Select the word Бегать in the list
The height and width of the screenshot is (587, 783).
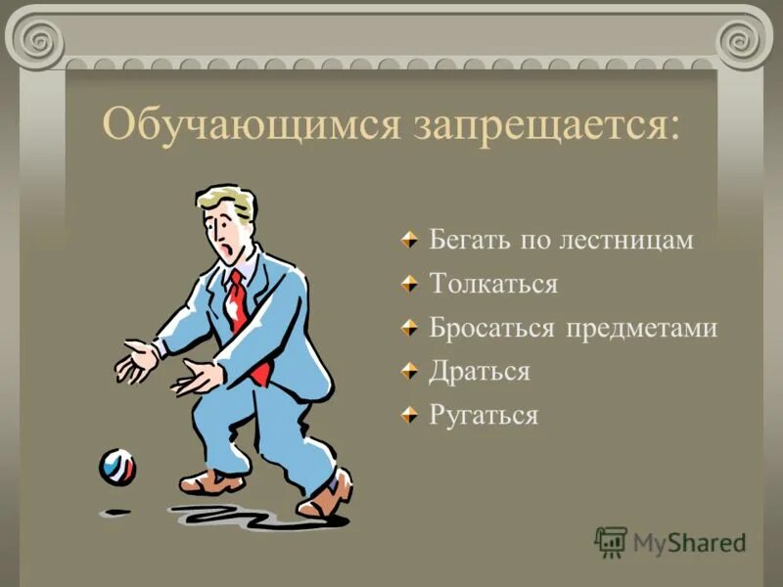coord(464,241)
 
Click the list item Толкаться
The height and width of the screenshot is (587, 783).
coord(493,285)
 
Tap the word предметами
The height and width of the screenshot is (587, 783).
coord(641,328)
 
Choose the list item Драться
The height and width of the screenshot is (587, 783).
coord(480,372)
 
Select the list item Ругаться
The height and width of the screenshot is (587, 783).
coord(484,415)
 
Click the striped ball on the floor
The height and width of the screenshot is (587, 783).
coord(117,467)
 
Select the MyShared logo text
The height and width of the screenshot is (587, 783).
coord(690,542)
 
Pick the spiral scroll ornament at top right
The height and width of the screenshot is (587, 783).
coord(743,39)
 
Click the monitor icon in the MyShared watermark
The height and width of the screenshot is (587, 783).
coord(611,541)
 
